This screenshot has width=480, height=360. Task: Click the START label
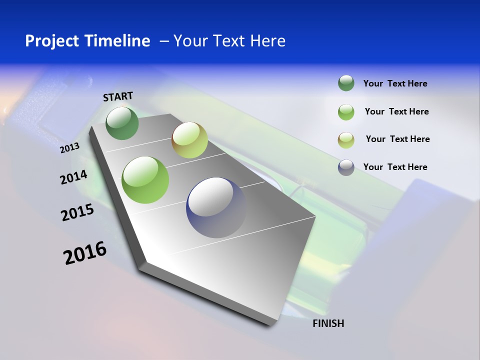[x=118, y=96]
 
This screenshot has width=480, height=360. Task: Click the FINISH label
[x=328, y=323]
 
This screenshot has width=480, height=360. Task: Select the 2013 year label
[x=69, y=148]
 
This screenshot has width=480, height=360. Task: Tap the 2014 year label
[x=73, y=177]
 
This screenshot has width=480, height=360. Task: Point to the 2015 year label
[x=77, y=212]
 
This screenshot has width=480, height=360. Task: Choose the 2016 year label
[x=85, y=253]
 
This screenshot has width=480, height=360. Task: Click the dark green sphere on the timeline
[x=122, y=123]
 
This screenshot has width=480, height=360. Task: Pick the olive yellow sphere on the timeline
[x=189, y=140]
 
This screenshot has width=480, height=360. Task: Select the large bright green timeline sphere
[x=145, y=179]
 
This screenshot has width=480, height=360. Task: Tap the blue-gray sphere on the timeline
[x=216, y=207]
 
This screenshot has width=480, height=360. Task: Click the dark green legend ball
[x=346, y=83]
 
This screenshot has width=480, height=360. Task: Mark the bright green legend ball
[x=346, y=112]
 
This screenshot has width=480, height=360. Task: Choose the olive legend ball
[x=346, y=140]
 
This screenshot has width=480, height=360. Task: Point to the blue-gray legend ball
[x=346, y=167]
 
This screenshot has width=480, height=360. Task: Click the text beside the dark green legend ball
[x=395, y=83]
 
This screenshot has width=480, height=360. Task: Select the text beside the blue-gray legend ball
[x=395, y=167]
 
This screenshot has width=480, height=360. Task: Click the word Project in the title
[x=52, y=41]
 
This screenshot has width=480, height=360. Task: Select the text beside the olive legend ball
[x=397, y=139]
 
